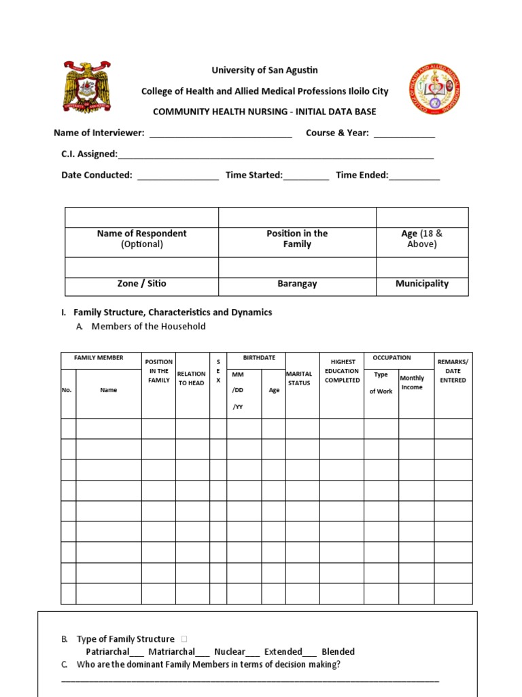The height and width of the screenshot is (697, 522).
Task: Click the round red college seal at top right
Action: tap(434, 89)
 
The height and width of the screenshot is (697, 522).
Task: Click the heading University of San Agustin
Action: tap(264, 70)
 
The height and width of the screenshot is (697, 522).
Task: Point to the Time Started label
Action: tap(254, 175)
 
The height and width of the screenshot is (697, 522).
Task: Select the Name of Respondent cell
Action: tap(141, 238)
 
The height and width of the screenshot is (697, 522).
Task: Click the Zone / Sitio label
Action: tap(141, 284)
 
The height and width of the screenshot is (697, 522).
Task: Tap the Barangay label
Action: tap(297, 284)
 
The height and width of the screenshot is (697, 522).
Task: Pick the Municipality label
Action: tap(422, 284)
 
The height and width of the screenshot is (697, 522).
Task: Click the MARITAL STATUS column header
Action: tap(299, 378)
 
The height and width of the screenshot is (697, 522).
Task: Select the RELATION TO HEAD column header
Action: tap(191, 378)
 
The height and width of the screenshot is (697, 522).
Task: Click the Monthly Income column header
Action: tap(412, 383)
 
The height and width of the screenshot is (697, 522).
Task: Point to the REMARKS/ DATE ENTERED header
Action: tap(453, 371)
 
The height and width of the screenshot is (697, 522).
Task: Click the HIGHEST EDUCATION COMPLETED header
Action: tap(342, 371)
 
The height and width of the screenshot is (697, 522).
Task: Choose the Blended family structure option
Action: tap(338, 651)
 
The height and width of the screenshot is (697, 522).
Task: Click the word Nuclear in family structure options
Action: tap(230, 651)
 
